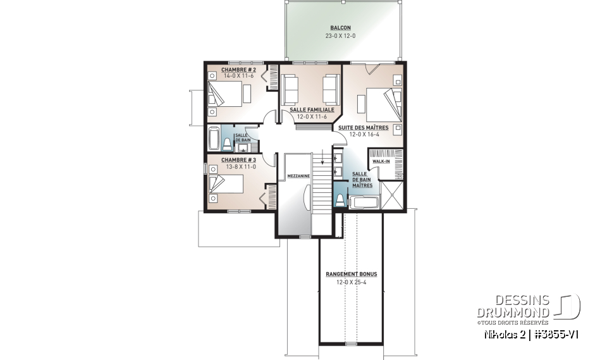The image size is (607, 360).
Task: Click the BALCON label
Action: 340,28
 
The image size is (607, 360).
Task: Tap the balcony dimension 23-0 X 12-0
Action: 340,35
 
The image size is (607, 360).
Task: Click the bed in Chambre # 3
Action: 226,184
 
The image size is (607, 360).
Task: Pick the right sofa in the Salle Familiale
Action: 330,89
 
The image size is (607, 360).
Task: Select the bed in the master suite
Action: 379,102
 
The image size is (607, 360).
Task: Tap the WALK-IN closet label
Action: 381,161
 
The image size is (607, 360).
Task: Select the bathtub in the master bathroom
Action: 364,202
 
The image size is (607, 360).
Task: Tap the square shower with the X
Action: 391,194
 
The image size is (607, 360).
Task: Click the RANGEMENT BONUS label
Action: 351,274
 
